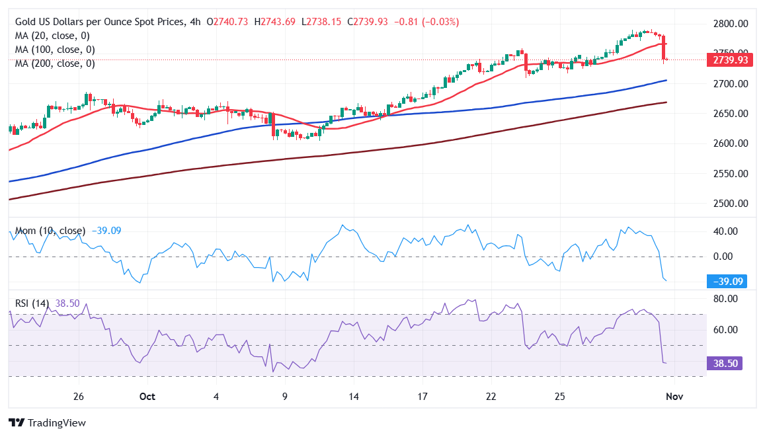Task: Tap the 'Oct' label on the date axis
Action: (x=147, y=397)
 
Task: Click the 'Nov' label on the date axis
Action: (x=674, y=397)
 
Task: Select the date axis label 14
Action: (x=353, y=397)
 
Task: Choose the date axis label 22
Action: (x=491, y=397)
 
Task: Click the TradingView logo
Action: (x=47, y=422)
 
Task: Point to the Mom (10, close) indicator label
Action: (x=50, y=231)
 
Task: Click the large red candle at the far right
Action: (x=663, y=48)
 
